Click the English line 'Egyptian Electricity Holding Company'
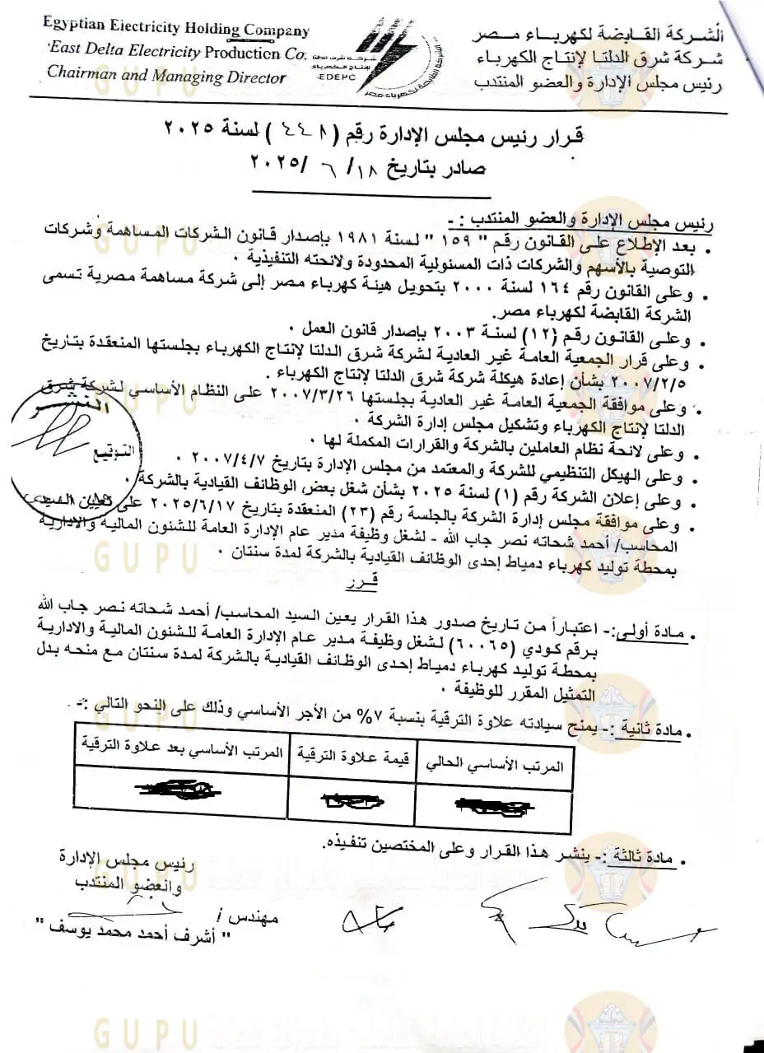[176, 30]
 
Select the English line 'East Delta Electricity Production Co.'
[175, 53]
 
